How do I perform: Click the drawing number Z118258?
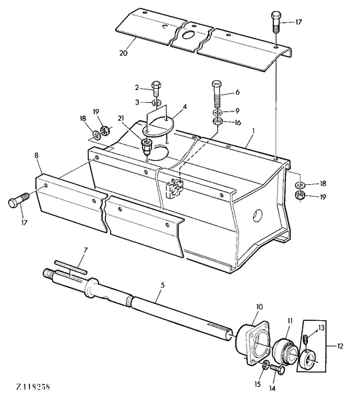pos(33,387)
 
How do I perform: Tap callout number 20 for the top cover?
pos(123,53)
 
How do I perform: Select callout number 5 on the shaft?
pos(163,285)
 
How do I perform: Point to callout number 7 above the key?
pos(85,250)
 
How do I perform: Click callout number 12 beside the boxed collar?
pos(340,346)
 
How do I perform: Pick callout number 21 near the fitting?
pos(121,118)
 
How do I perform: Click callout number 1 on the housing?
pos(253,131)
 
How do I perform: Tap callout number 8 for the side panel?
pos(36,155)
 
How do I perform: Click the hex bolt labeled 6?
pos(217,94)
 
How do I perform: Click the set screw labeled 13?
pos(305,338)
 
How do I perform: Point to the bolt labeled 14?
pos(277,369)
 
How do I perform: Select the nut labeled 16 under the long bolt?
pos(217,121)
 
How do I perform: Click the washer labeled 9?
pos(217,111)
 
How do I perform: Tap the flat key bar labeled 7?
pos(71,266)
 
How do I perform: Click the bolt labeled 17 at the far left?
pos(18,199)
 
